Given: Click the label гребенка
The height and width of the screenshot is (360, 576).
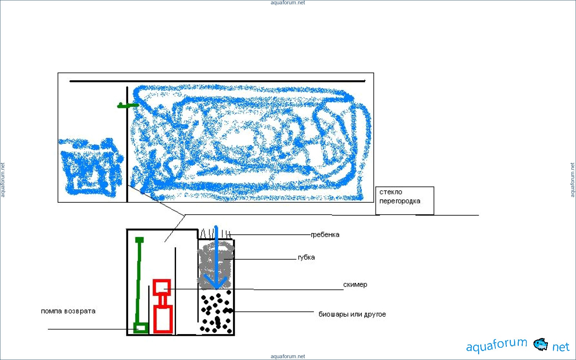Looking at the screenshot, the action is pyautogui.click(x=325, y=235).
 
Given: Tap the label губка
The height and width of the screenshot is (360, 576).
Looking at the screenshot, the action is pyautogui.click(x=306, y=257).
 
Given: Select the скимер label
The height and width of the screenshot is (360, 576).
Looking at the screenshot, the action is pyautogui.click(x=355, y=285).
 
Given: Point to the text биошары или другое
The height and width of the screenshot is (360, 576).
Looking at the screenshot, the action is pyautogui.click(x=352, y=314).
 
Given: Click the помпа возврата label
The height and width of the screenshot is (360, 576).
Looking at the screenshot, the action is pyautogui.click(x=68, y=311).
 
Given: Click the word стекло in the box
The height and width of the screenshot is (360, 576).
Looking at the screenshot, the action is pyautogui.click(x=391, y=192).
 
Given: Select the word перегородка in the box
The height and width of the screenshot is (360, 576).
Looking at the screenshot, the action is pyautogui.click(x=400, y=201).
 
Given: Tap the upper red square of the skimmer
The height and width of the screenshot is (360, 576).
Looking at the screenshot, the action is pyautogui.click(x=162, y=287).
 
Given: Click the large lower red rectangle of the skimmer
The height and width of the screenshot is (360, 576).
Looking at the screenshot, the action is pyautogui.click(x=163, y=319).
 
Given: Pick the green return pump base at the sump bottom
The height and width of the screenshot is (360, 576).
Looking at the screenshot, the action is pyautogui.click(x=141, y=328).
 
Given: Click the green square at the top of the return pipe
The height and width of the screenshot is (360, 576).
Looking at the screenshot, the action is pyautogui.click(x=139, y=240).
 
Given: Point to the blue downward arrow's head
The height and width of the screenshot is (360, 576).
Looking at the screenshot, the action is pyautogui.click(x=216, y=282).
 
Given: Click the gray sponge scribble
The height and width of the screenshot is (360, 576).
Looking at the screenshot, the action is pyautogui.click(x=216, y=265).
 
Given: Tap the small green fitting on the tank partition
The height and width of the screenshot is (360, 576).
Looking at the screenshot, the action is pyautogui.click(x=128, y=105).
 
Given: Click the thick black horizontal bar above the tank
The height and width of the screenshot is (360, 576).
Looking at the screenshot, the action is pyautogui.click(x=217, y=81).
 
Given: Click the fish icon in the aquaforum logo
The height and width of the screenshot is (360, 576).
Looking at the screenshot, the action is pyautogui.click(x=540, y=344).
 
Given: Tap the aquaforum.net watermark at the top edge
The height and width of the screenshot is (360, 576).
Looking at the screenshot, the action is pyautogui.click(x=288, y=3).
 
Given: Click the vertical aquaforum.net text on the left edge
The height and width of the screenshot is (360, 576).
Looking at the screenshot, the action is pyautogui.click(x=3, y=180).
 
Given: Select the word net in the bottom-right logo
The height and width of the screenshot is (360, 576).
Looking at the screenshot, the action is pyautogui.click(x=561, y=347).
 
